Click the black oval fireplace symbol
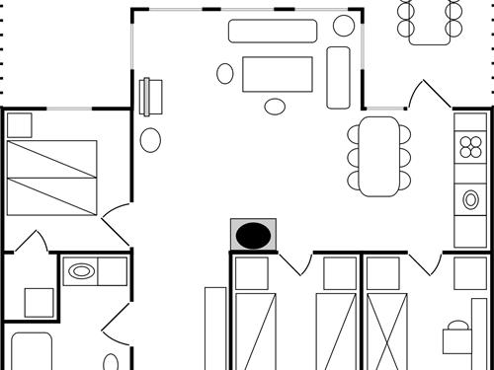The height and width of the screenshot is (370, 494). pyautogui.click(x=254, y=235)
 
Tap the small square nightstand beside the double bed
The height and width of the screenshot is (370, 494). pyautogui.click(x=19, y=125)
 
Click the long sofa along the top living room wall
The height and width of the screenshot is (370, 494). pyautogui.click(x=272, y=31)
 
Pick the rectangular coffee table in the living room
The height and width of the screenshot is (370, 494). pyautogui.click(x=278, y=73)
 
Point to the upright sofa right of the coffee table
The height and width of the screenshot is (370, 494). pyautogui.click(x=339, y=77)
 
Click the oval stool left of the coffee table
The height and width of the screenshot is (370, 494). pyautogui.click(x=225, y=72)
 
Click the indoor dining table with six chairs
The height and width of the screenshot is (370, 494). pyautogui.click(x=379, y=156)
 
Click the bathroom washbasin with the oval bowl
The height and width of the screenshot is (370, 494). pyautogui.click(x=82, y=269)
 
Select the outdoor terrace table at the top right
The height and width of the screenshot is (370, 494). pyautogui.click(x=431, y=21)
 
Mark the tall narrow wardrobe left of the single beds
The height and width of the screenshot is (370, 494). pyautogui.click(x=215, y=328)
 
